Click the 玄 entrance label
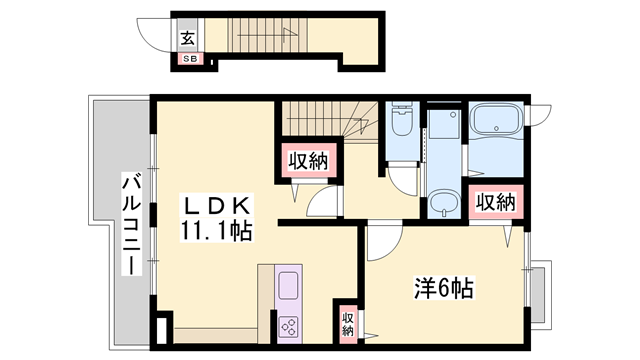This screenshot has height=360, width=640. pyautogui.click(x=189, y=39)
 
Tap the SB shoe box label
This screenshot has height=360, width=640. pyautogui.click(x=189, y=59)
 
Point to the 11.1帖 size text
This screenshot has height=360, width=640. pyautogui.click(x=216, y=229)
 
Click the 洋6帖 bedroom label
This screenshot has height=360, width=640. pyautogui.click(x=444, y=290)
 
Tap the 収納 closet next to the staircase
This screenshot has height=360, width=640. pyautogui.click(x=307, y=160)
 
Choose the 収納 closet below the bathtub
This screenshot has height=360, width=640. pyautogui.click(x=494, y=201)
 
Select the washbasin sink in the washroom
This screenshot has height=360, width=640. pyautogui.click(x=443, y=205)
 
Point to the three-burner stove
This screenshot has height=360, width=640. pyautogui.click(x=289, y=326)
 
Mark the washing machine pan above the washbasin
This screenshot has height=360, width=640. pyautogui.click(x=442, y=136)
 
